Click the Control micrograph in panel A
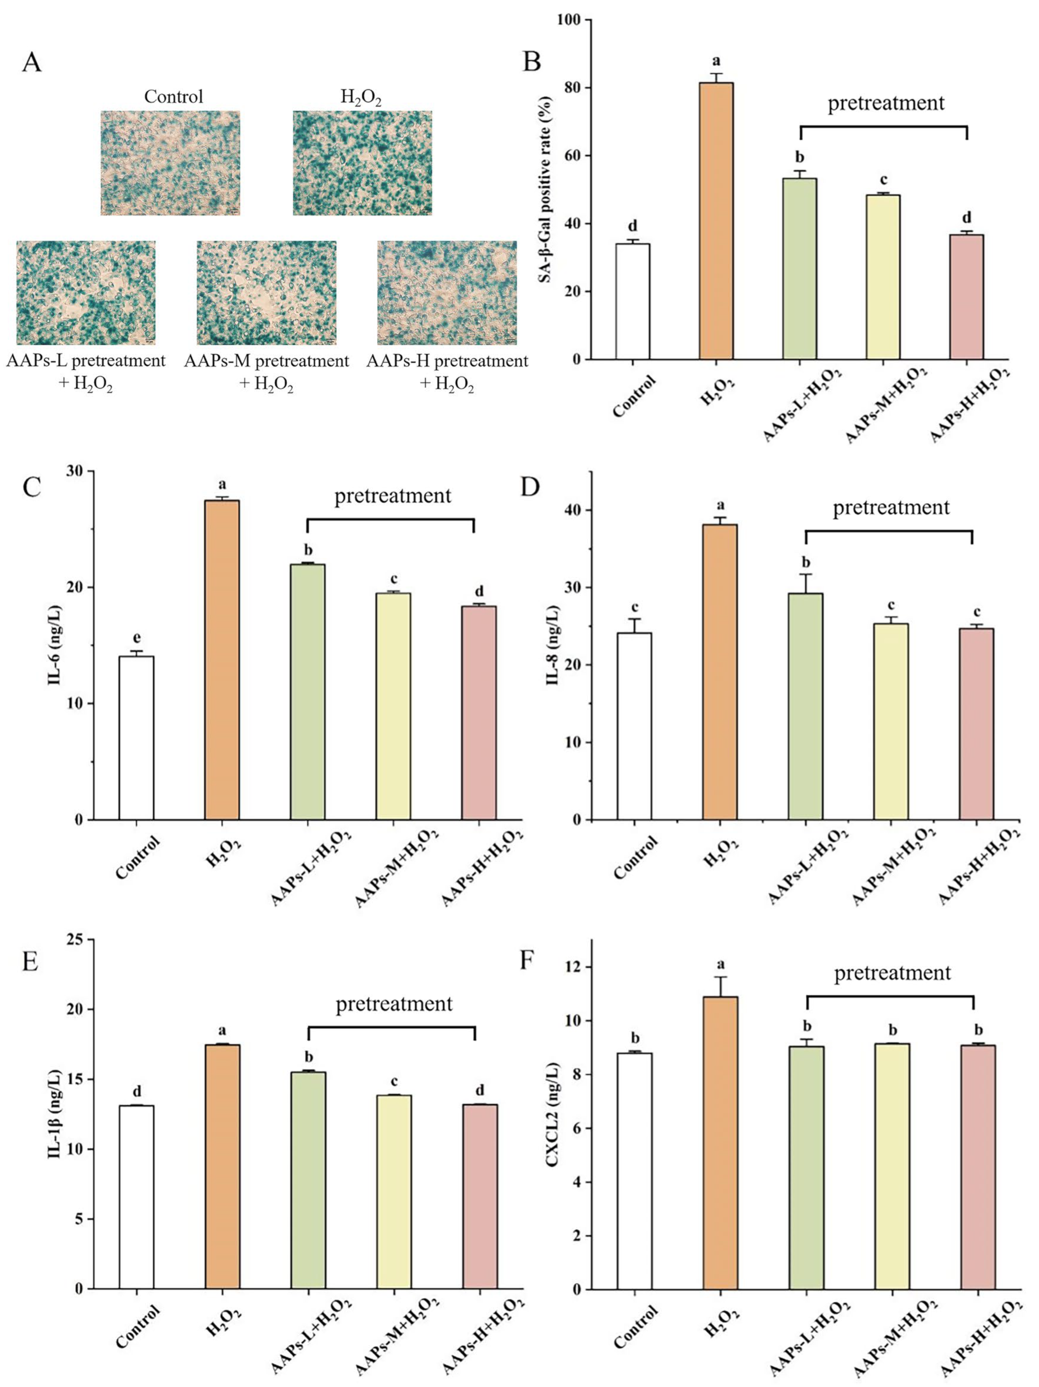[x=170, y=163]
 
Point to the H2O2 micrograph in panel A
[x=362, y=163]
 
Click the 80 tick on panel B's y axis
[x=569, y=88]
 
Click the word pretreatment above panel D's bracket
[x=891, y=507]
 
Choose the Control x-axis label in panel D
[x=635, y=857]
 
